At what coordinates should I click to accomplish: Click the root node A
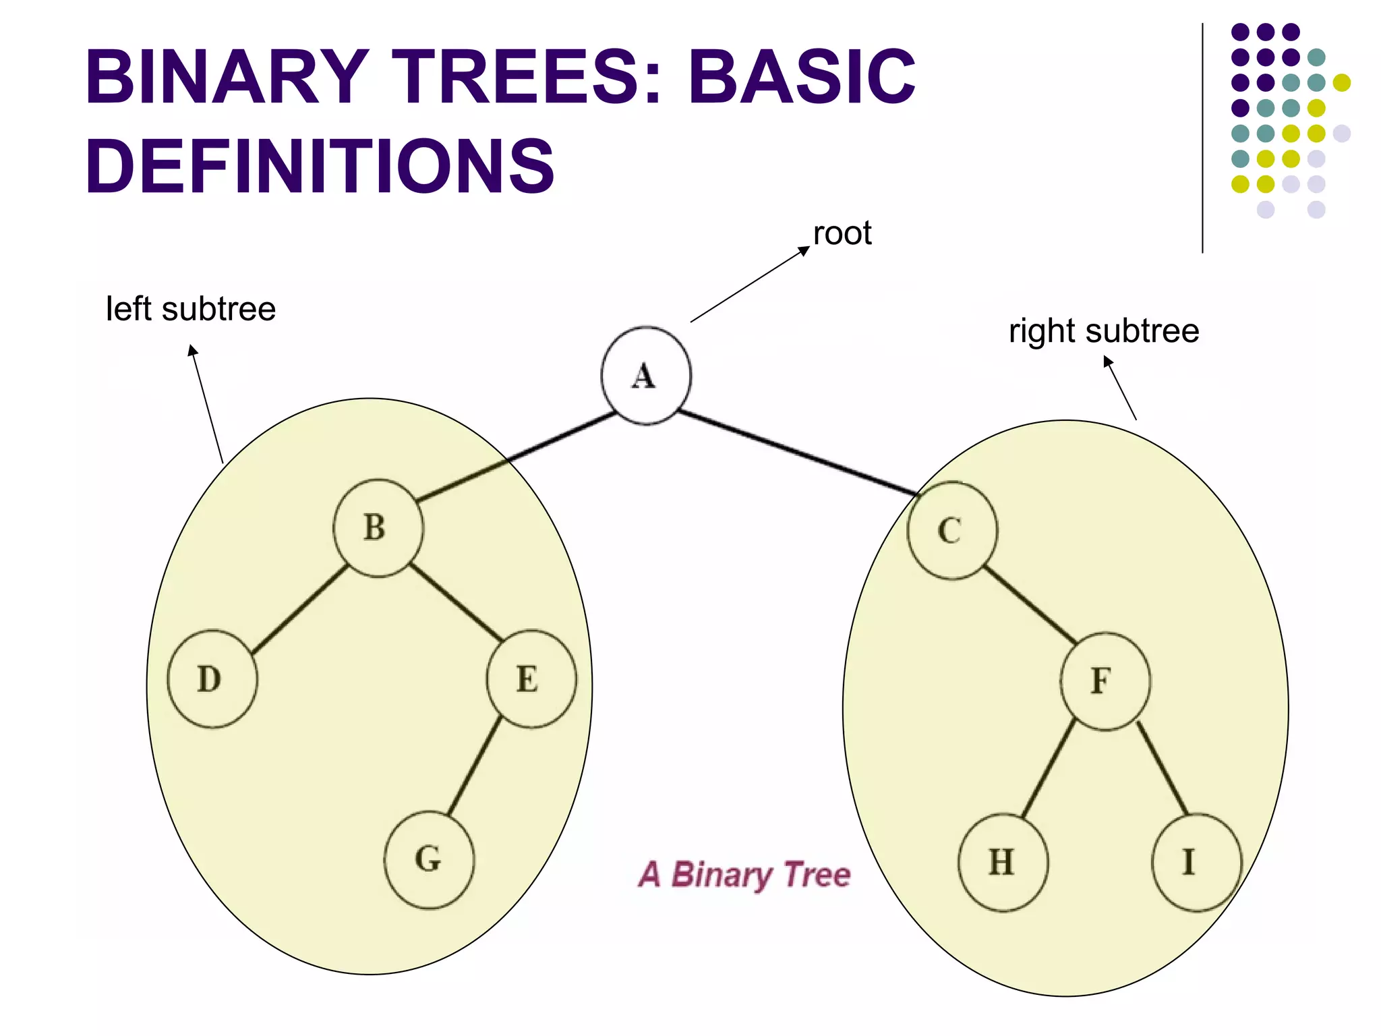pos(645,376)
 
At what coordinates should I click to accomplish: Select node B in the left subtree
pos(378,528)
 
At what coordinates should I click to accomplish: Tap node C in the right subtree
pos(951,531)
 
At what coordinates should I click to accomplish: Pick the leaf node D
pos(212,679)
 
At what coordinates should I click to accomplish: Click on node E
pos(531,679)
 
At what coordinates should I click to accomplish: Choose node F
pos(1105,681)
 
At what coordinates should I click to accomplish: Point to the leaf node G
pos(429,860)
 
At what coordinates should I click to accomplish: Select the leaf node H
pos(1003,863)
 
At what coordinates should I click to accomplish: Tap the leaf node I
pos(1196,863)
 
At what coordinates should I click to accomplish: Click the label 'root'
pos(842,234)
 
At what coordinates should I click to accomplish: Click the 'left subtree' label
pos(191,310)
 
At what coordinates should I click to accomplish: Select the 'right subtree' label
pos(1103,331)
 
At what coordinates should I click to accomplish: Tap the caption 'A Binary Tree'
pos(744,875)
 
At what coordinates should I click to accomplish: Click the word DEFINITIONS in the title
pos(320,165)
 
